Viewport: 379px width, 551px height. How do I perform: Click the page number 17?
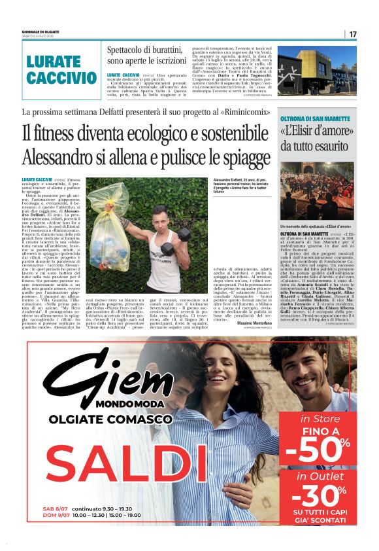click(x=353, y=34)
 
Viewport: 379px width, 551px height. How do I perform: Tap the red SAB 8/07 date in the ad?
click(x=54, y=508)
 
